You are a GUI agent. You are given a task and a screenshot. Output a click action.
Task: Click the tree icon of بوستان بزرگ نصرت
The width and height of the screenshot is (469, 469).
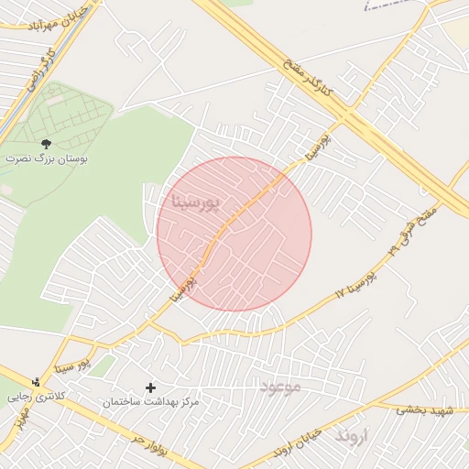click(47, 143)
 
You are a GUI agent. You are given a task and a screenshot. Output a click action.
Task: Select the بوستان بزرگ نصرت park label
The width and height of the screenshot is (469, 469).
click(47, 158)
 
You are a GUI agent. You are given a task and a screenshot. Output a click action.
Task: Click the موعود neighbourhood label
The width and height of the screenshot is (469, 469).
click(279, 387)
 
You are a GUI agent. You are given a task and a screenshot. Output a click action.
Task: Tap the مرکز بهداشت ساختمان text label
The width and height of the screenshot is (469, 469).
click(151, 403)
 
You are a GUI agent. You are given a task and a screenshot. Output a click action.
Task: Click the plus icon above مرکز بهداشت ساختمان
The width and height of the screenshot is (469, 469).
click(151, 387)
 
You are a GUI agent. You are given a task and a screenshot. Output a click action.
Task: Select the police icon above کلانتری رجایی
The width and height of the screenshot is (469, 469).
click(36, 382)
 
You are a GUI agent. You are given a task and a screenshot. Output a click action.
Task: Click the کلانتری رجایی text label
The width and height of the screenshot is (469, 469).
click(31, 398)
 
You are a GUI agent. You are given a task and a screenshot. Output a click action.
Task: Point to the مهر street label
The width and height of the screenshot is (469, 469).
click(19, 420)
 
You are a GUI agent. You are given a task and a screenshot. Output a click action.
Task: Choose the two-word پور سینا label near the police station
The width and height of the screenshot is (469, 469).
click(71, 366)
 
